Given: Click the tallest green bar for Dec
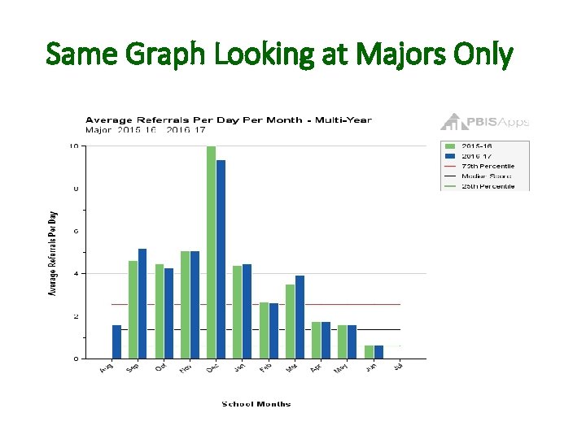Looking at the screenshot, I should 211,252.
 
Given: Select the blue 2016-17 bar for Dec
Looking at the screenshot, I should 221,259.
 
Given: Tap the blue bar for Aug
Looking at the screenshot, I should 116,341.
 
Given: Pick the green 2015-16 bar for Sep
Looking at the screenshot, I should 133,309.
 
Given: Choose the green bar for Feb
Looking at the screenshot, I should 264,330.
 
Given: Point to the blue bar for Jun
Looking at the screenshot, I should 378,351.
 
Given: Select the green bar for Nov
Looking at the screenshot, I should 185,304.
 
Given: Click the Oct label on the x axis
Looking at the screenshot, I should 160,368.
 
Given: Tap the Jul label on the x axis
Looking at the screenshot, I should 398,368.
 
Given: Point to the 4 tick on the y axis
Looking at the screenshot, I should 76,273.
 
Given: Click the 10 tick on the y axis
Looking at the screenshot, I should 74,146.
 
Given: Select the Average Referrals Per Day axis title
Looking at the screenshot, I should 54,252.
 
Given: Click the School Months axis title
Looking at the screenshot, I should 256,404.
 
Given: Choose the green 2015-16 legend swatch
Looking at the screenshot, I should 449,146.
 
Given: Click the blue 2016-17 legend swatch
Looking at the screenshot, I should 449,156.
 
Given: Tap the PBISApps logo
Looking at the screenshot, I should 484,122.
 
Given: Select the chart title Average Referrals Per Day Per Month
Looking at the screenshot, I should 229,120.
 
